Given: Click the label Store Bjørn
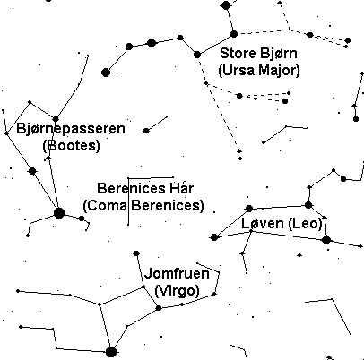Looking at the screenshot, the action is [x=258, y=54].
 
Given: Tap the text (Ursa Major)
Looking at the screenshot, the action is [x=259, y=71].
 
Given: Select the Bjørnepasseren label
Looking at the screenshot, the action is [x=71, y=129].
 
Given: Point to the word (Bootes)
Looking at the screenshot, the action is [x=71, y=146].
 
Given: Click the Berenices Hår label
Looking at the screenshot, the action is [x=145, y=188].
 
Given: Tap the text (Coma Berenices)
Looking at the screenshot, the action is [x=143, y=205].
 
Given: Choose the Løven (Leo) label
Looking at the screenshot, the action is [x=282, y=223].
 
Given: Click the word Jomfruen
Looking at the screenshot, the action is [x=177, y=273].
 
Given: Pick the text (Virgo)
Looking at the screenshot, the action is [x=178, y=290].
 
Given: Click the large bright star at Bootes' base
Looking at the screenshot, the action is [x=59, y=213].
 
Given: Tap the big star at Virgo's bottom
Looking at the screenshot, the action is [x=111, y=352].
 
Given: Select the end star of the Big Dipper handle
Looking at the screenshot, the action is [x=106, y=73].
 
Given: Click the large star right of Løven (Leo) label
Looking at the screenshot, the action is [x=326, y=239].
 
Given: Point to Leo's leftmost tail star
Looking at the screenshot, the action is [x=214, y=237].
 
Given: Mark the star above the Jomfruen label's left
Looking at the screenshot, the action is [x=136, y=253].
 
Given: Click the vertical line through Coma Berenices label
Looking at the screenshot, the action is [x=128, y=201].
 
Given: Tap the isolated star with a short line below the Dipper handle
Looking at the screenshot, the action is [x=146, y=131].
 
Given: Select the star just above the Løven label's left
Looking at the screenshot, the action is [x=249, y=209].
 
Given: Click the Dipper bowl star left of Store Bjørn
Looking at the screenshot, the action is [x=197, y=55].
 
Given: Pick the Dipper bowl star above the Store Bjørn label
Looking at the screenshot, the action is [x=234, y=34].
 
